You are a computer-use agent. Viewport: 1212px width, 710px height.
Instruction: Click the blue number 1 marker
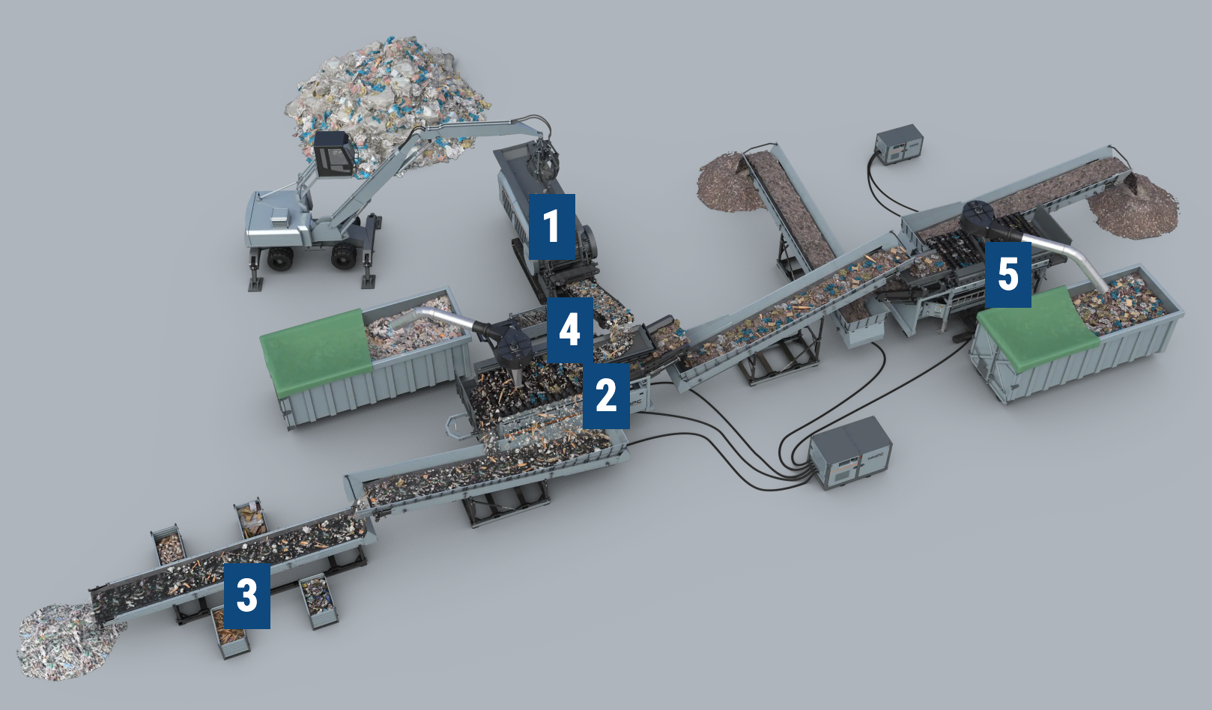pos(552,227)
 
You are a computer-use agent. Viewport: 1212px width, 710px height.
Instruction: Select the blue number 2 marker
pos(606,395)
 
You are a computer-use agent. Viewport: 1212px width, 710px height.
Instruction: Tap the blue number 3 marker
pos(247,596)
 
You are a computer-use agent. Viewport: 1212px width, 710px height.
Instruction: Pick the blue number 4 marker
pos(570,330)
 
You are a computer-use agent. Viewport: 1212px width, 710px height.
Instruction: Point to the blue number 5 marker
pos(1008,275)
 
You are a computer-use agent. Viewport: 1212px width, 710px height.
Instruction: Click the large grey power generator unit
pos(851,453)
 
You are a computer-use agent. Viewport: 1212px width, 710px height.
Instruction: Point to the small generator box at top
pos(899,145)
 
